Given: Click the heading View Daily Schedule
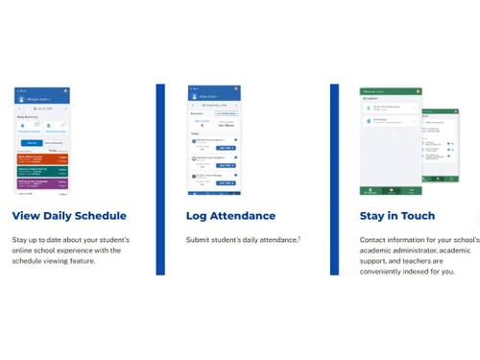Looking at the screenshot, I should tap(69, 216).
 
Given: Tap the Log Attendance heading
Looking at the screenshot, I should tap(230, 216).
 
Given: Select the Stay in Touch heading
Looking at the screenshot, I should tap(396, 216).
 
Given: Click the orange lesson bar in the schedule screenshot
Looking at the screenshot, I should tap(41, 157).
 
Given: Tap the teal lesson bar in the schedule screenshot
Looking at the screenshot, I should tap(41, 170).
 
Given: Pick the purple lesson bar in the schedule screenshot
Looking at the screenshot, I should tap(41, 182).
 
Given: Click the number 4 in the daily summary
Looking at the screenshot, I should tap(22, 125).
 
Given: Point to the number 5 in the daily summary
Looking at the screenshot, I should tap(47, 125).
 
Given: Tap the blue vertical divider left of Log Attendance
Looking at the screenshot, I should tap(160, 179).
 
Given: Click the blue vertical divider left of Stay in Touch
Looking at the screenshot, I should tap(334, 179).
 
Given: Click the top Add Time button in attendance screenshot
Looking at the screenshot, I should tap(226, 149).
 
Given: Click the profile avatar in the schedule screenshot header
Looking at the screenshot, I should tap(65, 91).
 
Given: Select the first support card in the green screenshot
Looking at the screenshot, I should tap(390, 108).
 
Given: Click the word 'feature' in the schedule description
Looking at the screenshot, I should tap(108, 261).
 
